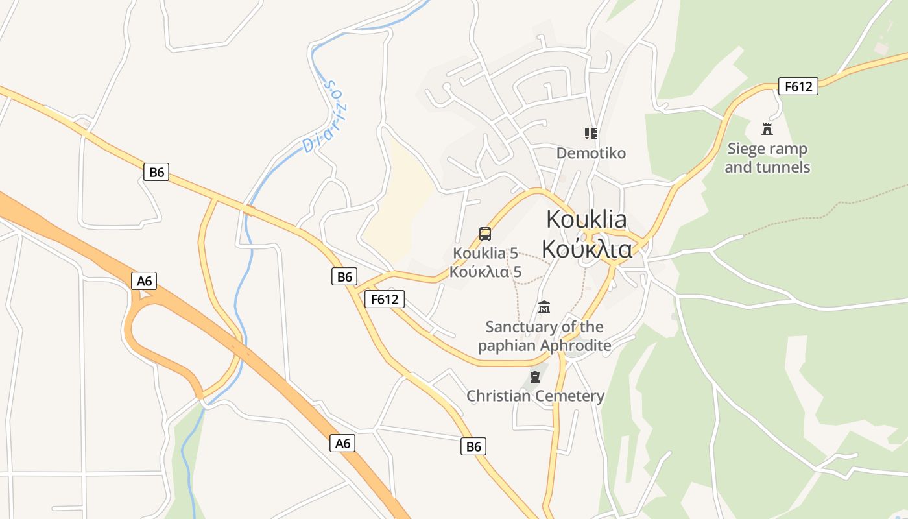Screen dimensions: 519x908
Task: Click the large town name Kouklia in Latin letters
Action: pyautogui.click(x=586, y=219)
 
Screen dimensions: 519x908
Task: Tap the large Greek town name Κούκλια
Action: pyautogui.click(x=586, y=248)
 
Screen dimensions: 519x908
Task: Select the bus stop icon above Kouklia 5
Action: pyautogui.click(x=484, y=234)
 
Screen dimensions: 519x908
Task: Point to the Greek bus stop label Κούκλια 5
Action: pyautogui.click(x=486, y=272)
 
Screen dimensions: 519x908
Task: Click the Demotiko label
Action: pyautogui.click(x=591, y=153)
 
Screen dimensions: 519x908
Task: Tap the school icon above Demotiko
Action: pyautogui.click(x=590, y=134)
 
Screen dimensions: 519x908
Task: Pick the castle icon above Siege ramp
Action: pyautogui.click(x=767, y=128)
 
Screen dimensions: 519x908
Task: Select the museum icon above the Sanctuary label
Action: pyautogui.click(x=544, y=306)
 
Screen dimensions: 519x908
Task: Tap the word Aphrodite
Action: pyautogui.click(x=578, y=345)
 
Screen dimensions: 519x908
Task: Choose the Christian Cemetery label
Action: pyautogui.click(x=535, y=396)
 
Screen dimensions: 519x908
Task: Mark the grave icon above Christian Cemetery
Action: pyautogui.click(x=535, y=376)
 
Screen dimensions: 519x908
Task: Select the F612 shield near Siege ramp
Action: pyautogui.click(x=798, y=86)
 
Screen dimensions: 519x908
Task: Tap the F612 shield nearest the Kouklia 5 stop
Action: pyautogui.click(x=385, y=299)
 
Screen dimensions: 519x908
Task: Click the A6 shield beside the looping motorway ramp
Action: pyautogui.click(x=144, y=281)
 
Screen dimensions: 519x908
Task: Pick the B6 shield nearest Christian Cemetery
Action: pyautogui.click(x=473, y=446)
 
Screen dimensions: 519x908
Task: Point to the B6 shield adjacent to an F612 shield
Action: pyautogui.click(x=344, y=276)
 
